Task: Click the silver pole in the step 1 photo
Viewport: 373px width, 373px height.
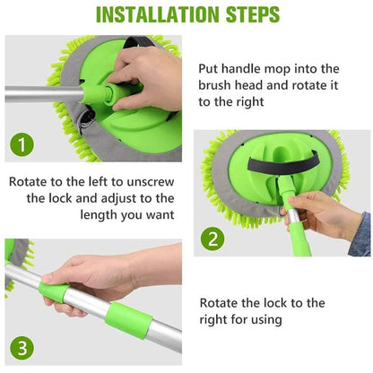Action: coord(40,93)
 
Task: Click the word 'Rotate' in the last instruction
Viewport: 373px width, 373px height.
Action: coord(220,303)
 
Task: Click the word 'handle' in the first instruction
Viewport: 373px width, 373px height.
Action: coord(262,68)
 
